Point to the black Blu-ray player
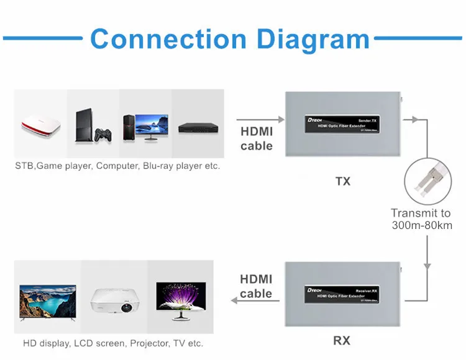tap(197, 128)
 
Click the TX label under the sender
tap(342, 181)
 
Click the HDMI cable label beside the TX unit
tap(257, 138)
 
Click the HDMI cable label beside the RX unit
tap(256, 286)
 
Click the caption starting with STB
tap(117, 166)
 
